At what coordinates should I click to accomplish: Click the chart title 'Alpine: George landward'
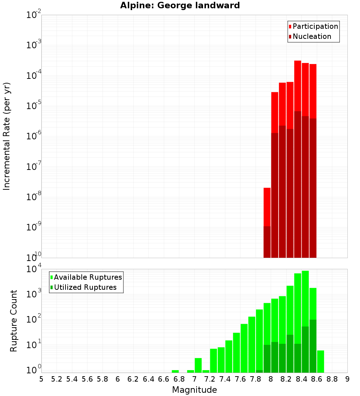pos(180,6)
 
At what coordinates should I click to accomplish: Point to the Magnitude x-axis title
pos(194,390)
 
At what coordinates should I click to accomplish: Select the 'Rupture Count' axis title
pos(14,321)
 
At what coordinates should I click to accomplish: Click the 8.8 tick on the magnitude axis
pos(332,379)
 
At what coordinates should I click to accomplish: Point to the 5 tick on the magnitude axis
pos(41,379)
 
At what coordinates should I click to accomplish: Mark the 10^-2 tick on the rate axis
pos(34,15)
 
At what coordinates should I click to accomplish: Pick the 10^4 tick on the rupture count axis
pos(34,269)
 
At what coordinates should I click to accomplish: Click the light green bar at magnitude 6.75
pos(175,371)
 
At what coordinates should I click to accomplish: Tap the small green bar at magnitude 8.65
pos(320,361)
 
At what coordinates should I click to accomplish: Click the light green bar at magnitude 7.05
pos(198,365)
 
